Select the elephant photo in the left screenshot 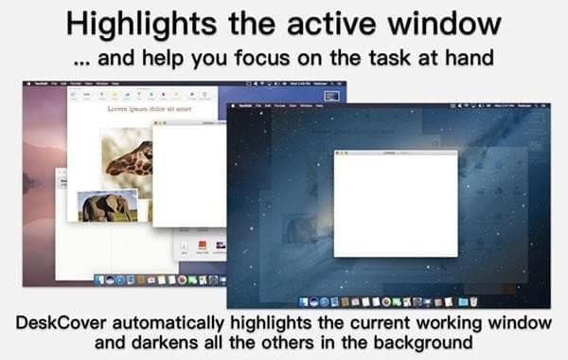click(x=106, y=207)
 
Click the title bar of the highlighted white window click(x=396, y=152)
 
